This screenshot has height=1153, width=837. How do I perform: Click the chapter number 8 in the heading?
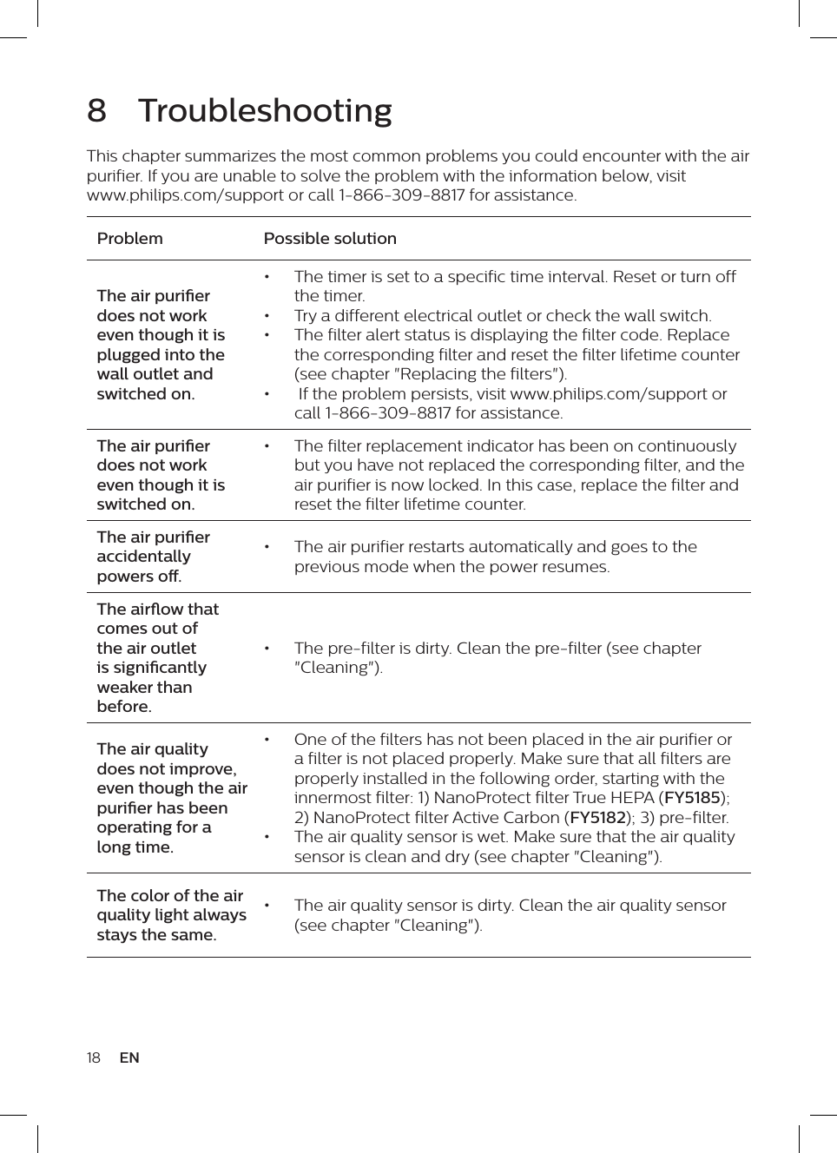point(96,111)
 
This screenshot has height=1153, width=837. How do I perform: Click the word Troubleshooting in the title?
point(265,111)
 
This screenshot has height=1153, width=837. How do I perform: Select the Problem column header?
point(129,239)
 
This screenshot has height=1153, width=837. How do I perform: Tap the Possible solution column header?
point(330,239)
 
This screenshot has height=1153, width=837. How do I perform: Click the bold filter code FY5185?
point(692,798)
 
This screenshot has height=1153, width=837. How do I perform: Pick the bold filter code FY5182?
point(597,818)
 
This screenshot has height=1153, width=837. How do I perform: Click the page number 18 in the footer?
point(94,1057)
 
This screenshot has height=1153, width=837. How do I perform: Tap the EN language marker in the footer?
point(129,1057)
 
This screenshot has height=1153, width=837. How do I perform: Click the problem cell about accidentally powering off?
point(154,557)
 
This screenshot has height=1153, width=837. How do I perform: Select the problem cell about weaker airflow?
point(157,658)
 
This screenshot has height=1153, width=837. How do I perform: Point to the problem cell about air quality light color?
point(171,915)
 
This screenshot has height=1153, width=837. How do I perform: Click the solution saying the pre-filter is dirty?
point(497,658)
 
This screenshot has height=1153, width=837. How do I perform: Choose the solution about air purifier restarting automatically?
point(495,557)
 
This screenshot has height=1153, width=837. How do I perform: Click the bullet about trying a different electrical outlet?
point(502,316)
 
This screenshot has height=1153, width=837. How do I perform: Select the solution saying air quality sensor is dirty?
point(510,915)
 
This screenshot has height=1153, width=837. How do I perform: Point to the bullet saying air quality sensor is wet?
point(514,847)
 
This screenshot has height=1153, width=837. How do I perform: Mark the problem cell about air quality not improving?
point(171,798)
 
